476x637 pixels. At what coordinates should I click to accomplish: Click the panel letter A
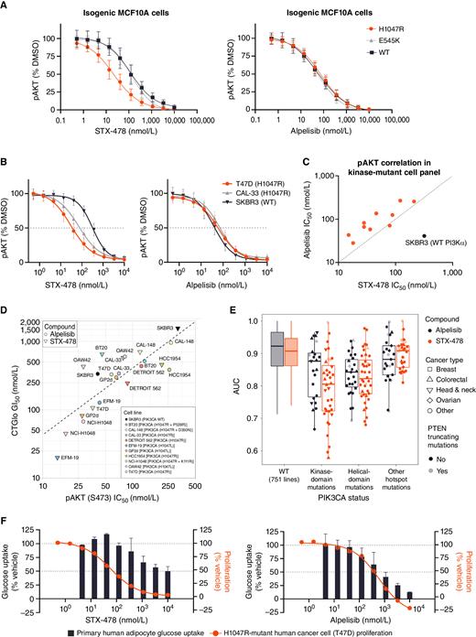tap(6, 6)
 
